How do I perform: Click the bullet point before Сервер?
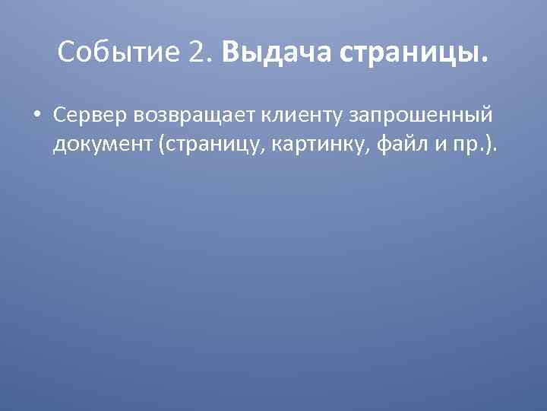(36, 114)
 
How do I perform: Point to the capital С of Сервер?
(59, 113)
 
